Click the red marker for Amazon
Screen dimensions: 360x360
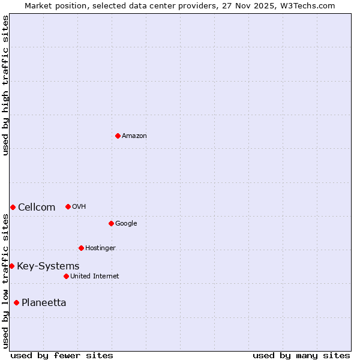click(x=118, y=136)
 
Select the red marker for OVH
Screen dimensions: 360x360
click(x=68, y=206)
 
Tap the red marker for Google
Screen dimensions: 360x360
click(x=111, y=223)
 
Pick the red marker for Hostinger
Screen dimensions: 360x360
click(x=81, y=248)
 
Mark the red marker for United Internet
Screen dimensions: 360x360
click(x=66, y=276)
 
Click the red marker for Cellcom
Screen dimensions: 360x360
click(x=13, y=207)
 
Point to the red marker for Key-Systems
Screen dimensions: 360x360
click(x=11, y=266)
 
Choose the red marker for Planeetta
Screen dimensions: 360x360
click(x=16, y=302)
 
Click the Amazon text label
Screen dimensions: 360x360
click(x=134, y=136)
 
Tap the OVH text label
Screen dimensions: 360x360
click(x=79, y=207)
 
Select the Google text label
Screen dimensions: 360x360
click(x=126, y=224)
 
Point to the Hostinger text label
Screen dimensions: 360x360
click(x=100, y=248)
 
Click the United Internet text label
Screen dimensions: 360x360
click(x=94, y=277)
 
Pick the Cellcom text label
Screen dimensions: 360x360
click(x=37, y=208)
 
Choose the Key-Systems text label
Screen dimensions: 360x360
click(x=48, y=266)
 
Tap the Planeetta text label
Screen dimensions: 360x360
click(x=44, y=303)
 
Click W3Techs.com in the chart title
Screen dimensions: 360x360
click(x=304, y=5)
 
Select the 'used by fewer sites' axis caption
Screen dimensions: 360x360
click(x=62, y=355)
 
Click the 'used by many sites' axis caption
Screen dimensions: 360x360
click(x=301, y=355)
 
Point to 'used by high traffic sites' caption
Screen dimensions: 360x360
click(x=5, y=85)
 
